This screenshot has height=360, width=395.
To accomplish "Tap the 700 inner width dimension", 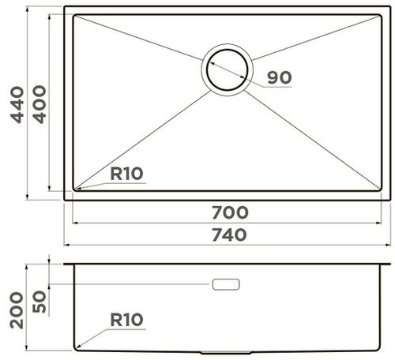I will [x=229, y=212].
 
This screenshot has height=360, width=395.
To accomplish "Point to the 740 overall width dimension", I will [x=229, y=234].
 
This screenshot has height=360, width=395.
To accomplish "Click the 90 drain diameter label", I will [x=280, y=77].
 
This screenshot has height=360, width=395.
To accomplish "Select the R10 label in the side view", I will [x=126, y=320].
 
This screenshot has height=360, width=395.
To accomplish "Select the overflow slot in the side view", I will [x=226, y=283].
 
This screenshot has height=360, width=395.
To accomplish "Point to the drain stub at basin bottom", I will [x=226, y=351].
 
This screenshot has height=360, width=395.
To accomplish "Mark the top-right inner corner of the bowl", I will [x=380, y=16].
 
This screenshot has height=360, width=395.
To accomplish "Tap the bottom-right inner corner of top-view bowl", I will [x=380, y=189].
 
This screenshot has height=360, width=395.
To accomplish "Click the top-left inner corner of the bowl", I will [x=75, y=16].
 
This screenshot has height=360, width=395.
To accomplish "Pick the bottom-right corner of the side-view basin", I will [x=378, y=348].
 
